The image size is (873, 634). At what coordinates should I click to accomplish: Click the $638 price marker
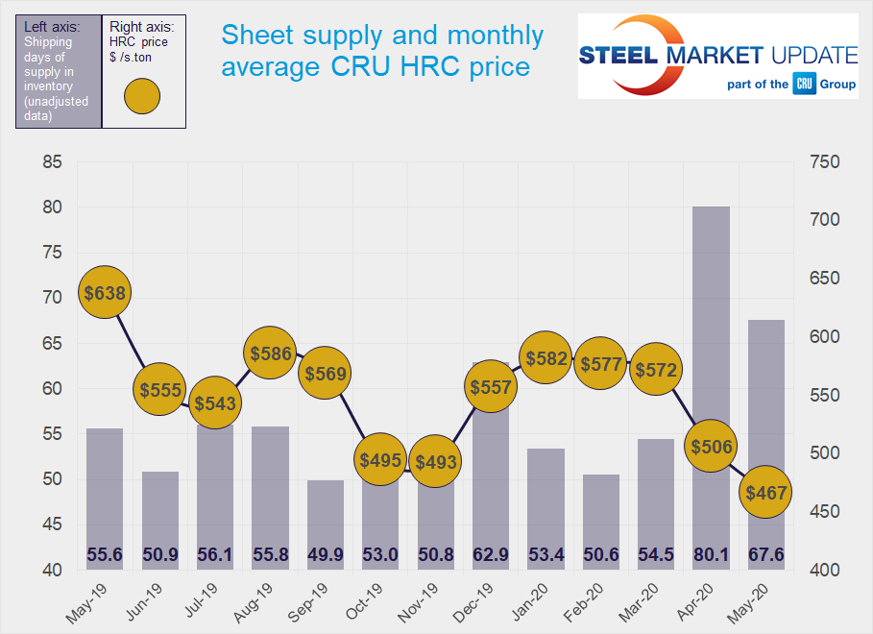pos(105,293)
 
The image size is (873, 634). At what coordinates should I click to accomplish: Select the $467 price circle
pos(765,493)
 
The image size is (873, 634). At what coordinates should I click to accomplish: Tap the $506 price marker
pos(711,446)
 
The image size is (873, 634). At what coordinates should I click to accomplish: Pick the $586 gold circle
pos(271,354)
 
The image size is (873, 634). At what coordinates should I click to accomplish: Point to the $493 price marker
pos(435,462)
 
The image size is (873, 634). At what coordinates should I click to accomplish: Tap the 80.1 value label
pos(711,555)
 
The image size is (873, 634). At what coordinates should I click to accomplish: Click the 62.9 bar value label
pos(491,555)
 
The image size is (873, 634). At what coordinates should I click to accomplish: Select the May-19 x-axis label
pos(95,599)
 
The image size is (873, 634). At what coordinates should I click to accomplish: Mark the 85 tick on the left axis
pos(53,162)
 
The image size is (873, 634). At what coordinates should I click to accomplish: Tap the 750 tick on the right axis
pos(824,162)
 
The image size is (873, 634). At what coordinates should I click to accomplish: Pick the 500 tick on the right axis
pos(824,453)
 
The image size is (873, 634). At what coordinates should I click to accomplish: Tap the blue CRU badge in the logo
pos(804,85)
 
